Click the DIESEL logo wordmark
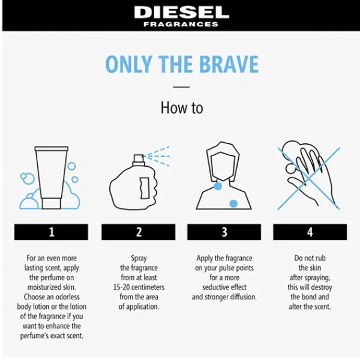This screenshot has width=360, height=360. pyautogui.click(x=182, y=13)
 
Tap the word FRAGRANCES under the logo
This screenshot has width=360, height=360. pyautogui.click(x=181, y=24)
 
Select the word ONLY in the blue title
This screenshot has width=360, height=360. pyautogui.click(x=128, y=64)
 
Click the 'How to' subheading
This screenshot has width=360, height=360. pyautogui.click(x=182, y=107)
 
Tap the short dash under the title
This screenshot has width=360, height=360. pyautogui.click(x=181, y=87)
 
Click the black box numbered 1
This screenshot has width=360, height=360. pyautogui.click(x=51, y=232)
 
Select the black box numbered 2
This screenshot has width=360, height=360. pyautogui.click(x=139, y=232)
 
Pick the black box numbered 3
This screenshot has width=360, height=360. pyautogui.click(x=224, y=232)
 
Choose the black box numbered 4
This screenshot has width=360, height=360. pyautogui.click(x=310, y=232)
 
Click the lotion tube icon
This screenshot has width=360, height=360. pyautogui.click(x=52, y=178)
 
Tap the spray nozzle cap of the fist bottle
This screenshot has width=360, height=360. pyautogui.click(x=139, y=158)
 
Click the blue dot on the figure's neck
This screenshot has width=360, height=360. pyautogui.click(x=218, y=186)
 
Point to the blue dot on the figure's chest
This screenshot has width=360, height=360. pyautogui.click(x=233, y=203)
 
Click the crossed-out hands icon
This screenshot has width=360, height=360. pyautogui.click(x=308, y=175)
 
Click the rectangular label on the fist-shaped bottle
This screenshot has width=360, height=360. pyautogui.click(x=145, y=188)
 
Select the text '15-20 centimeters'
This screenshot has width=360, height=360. pyautogui.click(x=139, y=287)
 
